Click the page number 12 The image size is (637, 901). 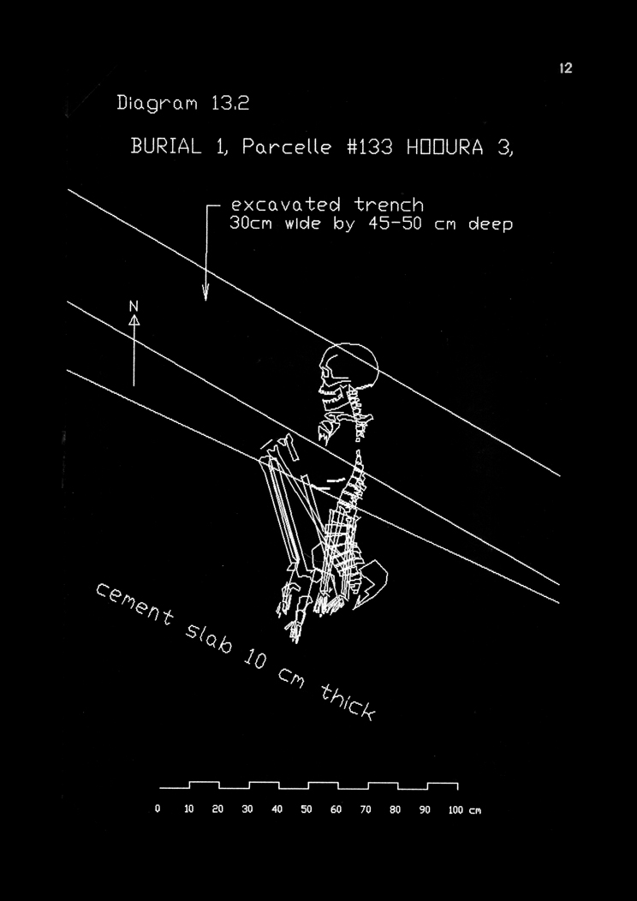566,69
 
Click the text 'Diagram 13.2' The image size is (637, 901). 182,104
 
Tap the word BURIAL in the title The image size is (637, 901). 166,146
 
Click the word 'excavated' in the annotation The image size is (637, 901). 285,206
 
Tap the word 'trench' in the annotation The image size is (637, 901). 389,206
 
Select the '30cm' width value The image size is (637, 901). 251,224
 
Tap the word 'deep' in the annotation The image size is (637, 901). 485,225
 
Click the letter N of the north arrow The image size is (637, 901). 134,307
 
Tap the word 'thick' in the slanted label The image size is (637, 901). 347,701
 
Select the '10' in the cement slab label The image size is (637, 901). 253,659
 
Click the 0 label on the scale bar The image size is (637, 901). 158,809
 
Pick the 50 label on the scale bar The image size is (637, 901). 306,809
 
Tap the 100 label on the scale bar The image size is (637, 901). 455,809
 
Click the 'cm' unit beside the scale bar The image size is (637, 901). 475,810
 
